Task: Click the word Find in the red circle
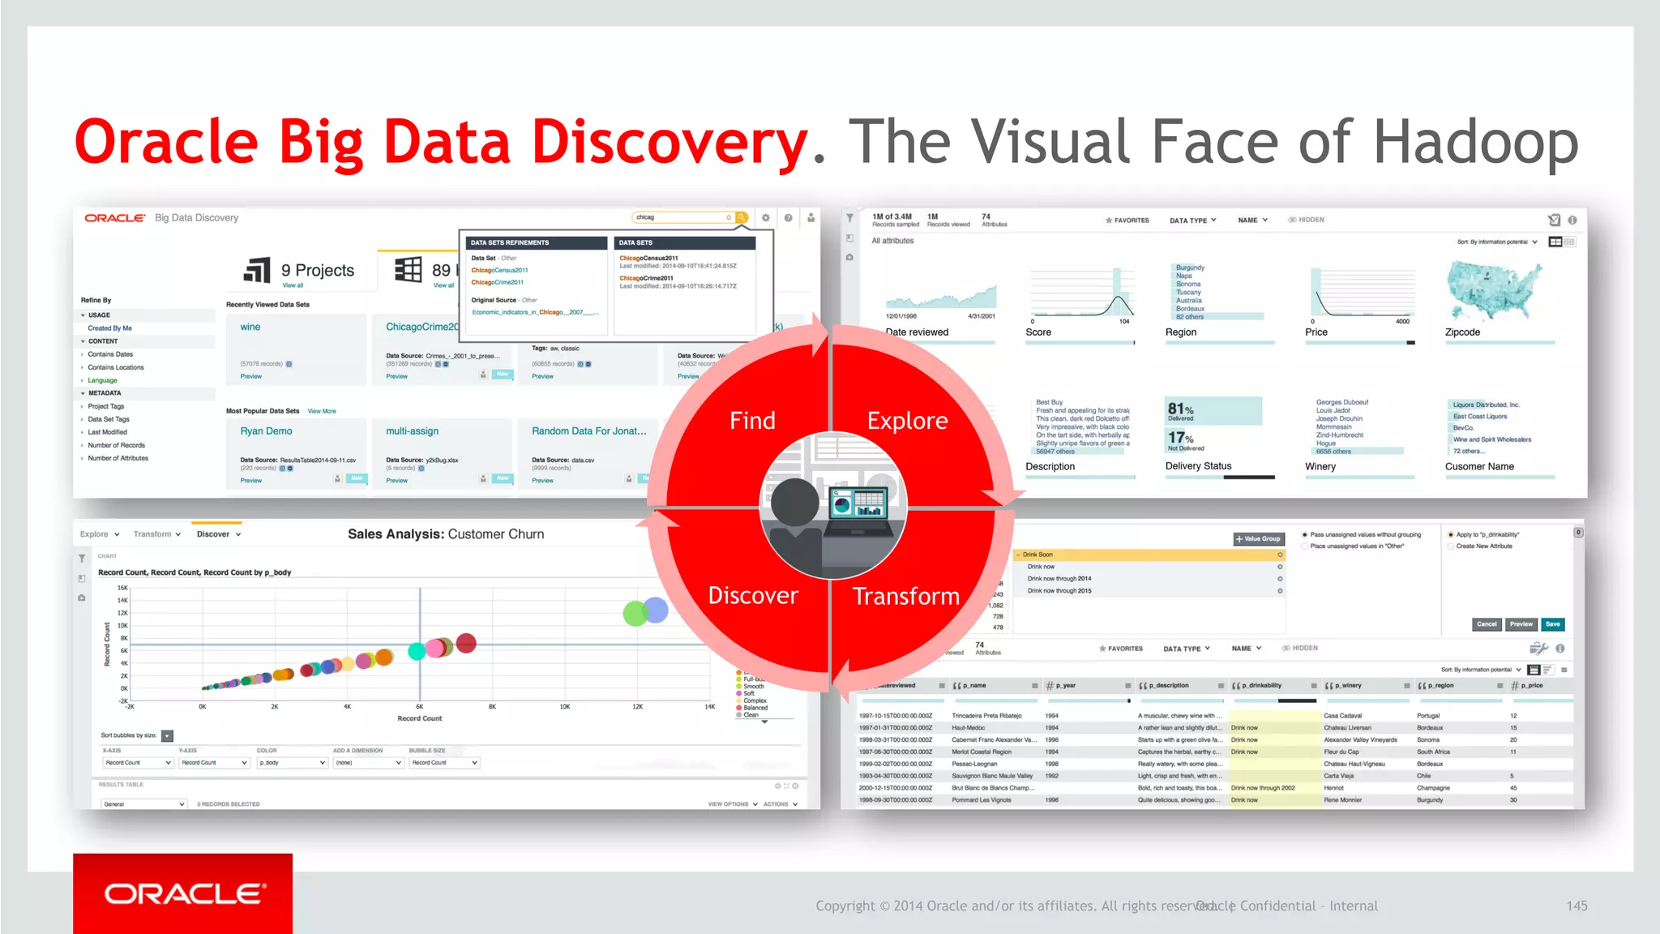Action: pos(752,421)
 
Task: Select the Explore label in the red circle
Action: pos(907,421)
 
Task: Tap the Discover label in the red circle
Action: pos(753,596)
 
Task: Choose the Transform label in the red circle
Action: pos(905,597)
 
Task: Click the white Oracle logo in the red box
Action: pos(184,893)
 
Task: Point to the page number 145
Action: pos(1577,906)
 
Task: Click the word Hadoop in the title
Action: pos(1475,142)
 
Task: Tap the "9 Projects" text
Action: pos(317,270)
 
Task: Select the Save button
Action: pos(1552,624)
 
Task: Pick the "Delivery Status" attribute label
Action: pos(1198,466)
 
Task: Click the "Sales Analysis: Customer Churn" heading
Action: pos(446,534)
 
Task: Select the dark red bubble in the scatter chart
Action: pos(466,644)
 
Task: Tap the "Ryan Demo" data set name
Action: pos(266,431)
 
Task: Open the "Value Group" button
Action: pos(1258,539)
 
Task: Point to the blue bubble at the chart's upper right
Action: pos(656,610)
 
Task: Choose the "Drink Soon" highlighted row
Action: pos(1149,555)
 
